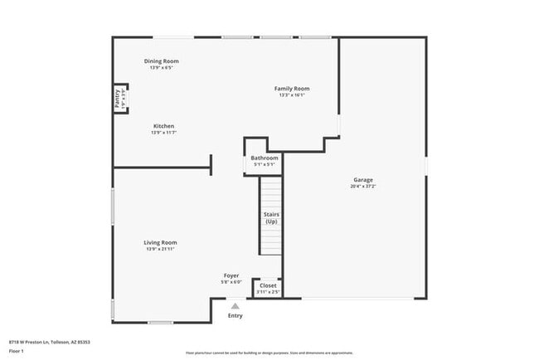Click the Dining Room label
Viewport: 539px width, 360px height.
[x=162, y=61]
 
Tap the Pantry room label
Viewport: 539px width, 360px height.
[x=117, y=98]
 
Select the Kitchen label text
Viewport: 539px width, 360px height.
[x=163, y=126]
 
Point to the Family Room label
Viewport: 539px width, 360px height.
[x=292, y=88]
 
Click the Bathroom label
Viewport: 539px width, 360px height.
[x=265, y=158]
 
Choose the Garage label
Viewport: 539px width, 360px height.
[x=363, y=179]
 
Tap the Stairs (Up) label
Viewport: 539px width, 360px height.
[x=271, y=218]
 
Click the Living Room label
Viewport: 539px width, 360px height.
[x=162, y=242]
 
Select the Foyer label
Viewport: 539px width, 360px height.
[x=231, y=275]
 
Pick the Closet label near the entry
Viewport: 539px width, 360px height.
[x=268, y=285]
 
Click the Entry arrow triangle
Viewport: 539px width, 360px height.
[x=236, y=306]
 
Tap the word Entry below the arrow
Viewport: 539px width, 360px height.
[x=236, y=315]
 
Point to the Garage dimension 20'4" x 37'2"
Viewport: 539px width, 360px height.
[x=363, y=186]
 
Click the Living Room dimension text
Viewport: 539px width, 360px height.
[x=162, y=249]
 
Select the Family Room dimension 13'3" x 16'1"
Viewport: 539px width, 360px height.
[x=292, y=95]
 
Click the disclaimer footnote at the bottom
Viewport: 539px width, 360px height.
[x=269, y=353]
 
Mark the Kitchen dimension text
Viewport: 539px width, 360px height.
[x=163, y=133]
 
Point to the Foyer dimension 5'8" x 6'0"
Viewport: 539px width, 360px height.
[x=231, y=282]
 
